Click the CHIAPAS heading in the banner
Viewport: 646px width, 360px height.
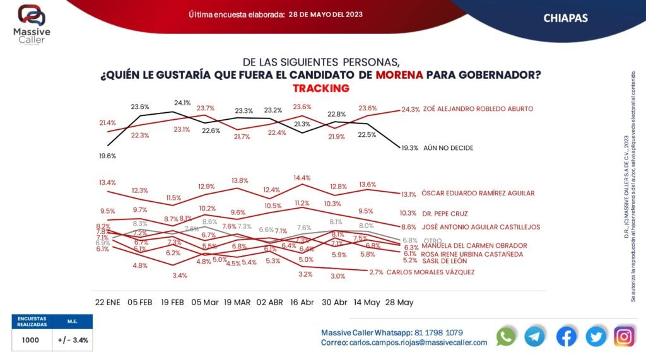(x=565, y=18)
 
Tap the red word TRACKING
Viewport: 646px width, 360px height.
(x=320, y=88)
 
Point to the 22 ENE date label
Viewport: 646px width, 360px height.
(x=107, y=303)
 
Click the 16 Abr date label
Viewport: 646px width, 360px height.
(x=302, y=303)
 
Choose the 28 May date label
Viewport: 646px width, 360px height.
(x=399, y=303)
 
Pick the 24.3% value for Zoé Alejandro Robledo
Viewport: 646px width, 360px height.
(x=410, y=109)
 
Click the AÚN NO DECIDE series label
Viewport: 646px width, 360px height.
(x=448, y=148)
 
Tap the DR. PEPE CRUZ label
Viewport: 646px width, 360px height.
(x=445, y=214)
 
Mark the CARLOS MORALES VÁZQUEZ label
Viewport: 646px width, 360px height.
(x=430, y=272)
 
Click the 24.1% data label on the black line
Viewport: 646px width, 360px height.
(x=182, y=103)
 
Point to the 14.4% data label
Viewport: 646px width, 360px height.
(x=302, y=178)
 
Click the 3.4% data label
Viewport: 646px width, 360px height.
(x=179, y=276)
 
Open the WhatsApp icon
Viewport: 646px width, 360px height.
(x=506, y=337)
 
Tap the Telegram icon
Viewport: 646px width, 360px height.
(x=535, y=337)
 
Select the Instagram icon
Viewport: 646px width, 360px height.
(x=624, y=337)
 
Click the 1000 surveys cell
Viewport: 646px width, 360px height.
(x=30, y=340)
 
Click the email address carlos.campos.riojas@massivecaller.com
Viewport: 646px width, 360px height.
(x=418, y=342)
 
